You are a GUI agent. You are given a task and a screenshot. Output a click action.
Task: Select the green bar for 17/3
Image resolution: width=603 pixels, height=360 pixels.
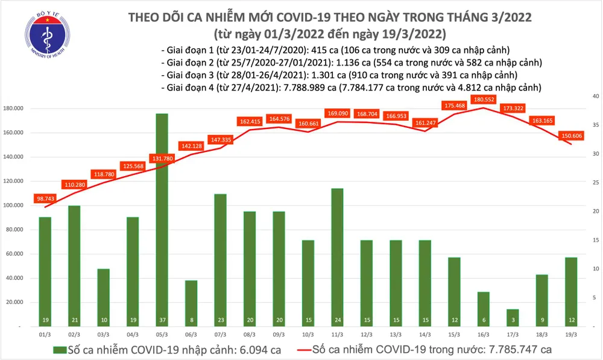point(512,318)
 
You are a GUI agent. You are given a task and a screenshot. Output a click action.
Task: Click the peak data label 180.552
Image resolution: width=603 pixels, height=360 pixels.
point(484,99)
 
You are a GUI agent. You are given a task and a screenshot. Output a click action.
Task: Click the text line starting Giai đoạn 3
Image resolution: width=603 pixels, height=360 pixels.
point(339,75)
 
